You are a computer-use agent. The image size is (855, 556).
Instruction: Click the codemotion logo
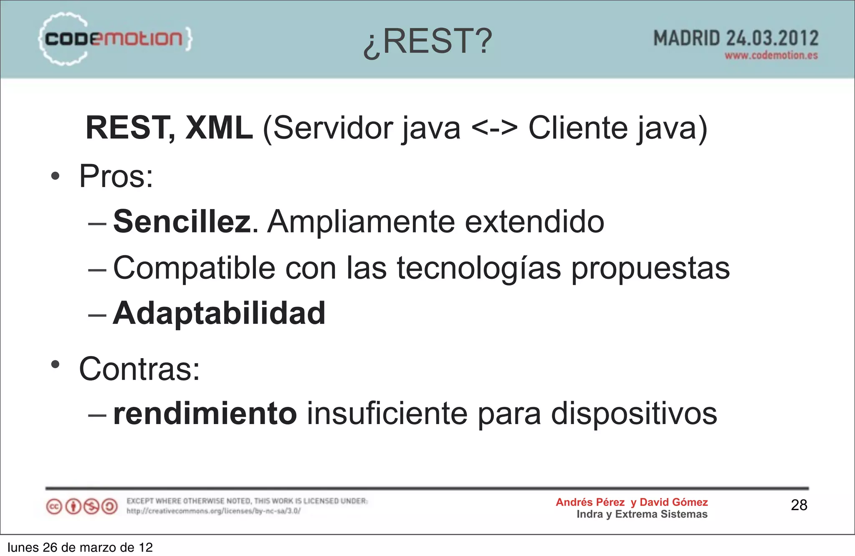click(115, 39)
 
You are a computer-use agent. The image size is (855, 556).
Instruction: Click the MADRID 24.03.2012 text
click(736, 38)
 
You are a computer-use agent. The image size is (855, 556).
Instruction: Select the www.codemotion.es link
click(771, 56)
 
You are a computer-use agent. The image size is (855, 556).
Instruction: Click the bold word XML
click(219, 128)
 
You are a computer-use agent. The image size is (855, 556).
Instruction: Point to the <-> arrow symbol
click(494, 128)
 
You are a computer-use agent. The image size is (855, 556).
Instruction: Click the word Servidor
click(333, 128)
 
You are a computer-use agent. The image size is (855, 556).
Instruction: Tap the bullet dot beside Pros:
click(55, 176)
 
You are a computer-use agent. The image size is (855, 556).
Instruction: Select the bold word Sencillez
click(182, 221)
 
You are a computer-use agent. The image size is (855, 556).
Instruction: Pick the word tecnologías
click(479, 268)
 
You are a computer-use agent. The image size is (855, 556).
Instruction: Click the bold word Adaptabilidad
click(219, 313)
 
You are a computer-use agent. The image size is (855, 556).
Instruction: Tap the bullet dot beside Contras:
click(55, 364)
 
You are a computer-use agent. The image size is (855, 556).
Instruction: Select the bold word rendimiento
click(205, 414)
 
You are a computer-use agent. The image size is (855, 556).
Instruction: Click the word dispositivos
click(634, 414)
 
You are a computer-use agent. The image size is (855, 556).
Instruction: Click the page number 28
click(799, 505)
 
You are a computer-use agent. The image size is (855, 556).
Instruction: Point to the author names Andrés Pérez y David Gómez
click(632, 502)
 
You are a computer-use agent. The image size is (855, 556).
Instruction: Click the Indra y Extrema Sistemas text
click(642, 514)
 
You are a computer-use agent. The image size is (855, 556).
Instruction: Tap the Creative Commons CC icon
click(54, 507)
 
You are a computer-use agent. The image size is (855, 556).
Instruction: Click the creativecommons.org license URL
click(213, 511)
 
